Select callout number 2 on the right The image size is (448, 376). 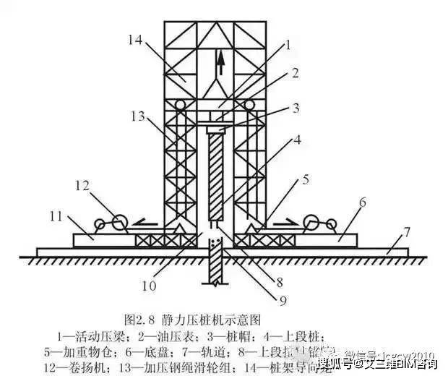coord(295,72)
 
